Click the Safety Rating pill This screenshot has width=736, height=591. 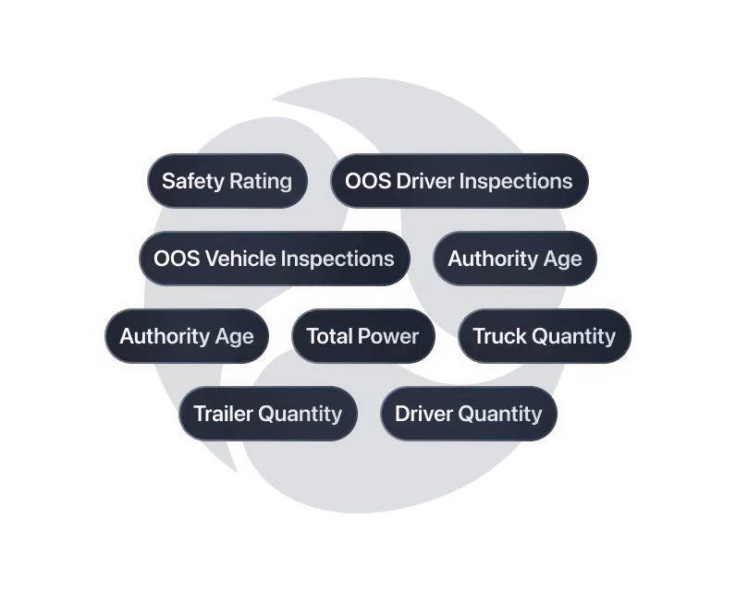(227, 181)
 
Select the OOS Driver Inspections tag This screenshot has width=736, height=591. (460, 181)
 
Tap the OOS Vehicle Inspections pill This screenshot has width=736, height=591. (275, 259)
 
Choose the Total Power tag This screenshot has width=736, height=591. (363, 336)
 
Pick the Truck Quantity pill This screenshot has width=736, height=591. (545, 336)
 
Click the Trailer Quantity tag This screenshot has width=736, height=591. (268, 414)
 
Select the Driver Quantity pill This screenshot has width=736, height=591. (469, 414)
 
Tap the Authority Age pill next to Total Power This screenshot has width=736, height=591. (187, 336)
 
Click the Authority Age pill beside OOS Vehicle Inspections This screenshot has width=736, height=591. (515, 259)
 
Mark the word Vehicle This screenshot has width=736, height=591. (240, 259)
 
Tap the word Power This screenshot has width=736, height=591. (388, 336)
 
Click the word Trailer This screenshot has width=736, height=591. (224, 414)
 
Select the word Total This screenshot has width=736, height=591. (329, 336)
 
